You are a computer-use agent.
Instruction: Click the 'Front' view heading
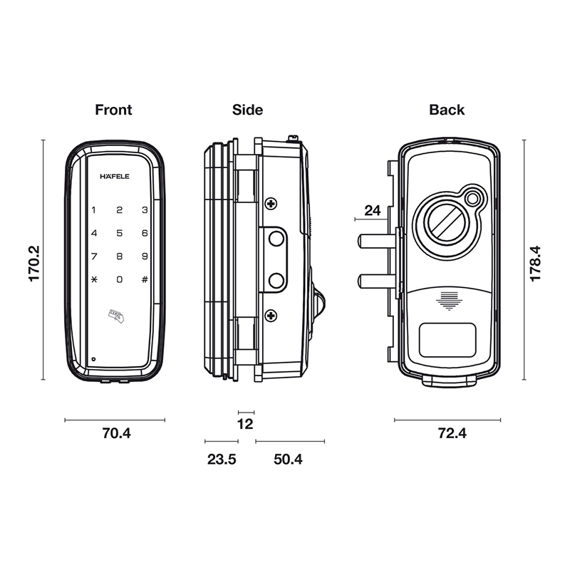tap(113, 110)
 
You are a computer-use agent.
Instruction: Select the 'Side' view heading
tap(247, 110)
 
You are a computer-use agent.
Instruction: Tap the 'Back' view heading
tap(447, 110)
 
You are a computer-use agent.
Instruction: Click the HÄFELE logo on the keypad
tap(115, 176)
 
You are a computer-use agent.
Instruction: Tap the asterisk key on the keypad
tap(94, 279)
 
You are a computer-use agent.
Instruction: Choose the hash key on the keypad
tap(145, 279)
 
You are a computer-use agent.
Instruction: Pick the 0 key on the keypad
tap(119, 279)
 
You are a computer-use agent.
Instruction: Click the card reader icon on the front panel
tap(116, 316)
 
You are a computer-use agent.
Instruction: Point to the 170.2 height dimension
tap(33, 264)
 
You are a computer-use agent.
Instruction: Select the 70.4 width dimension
tap(116, 433)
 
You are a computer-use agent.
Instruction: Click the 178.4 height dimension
tap(536, 264)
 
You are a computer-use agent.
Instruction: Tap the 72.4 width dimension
tap(452, 433)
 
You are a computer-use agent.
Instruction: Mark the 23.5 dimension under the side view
tap(222, 460)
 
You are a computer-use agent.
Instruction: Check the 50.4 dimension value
tap(288, 460)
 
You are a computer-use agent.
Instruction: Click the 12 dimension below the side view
tap(245, 424)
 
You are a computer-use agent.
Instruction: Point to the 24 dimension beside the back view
tap(373, 210)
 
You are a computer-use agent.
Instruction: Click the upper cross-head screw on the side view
tap(271, 204)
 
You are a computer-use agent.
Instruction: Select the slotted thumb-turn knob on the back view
tap(447, 223)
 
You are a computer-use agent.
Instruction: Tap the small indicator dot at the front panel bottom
tap(93, 360)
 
